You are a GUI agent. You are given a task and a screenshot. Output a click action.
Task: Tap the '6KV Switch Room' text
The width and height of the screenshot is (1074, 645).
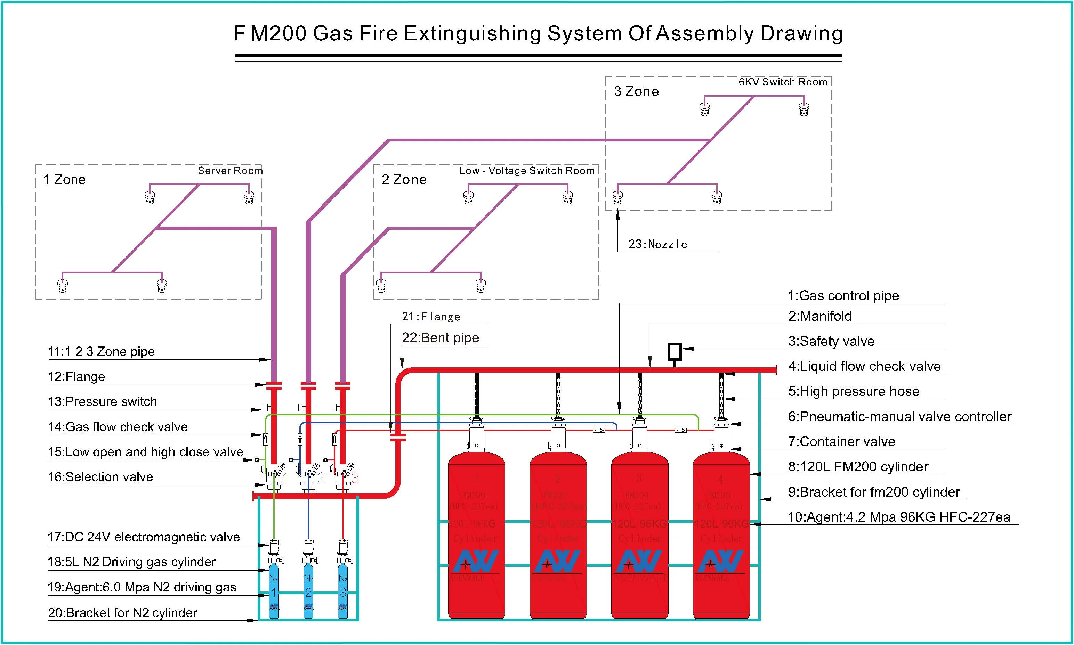[782, 82]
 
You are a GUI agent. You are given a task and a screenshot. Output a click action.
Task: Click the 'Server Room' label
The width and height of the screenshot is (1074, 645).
[230, 170]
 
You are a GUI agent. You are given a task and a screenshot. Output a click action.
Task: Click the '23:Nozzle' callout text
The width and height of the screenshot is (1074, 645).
[657, 244]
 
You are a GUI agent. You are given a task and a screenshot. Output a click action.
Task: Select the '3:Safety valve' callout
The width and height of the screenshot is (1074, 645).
[831, 341]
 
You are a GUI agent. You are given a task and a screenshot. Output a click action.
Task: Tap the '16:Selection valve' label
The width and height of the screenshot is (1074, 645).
[100, 477]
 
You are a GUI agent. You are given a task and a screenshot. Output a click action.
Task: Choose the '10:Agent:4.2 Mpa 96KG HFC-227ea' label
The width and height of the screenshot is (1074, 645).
[899, 517]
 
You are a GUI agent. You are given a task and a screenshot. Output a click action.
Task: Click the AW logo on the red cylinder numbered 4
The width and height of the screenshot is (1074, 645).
[720, 561]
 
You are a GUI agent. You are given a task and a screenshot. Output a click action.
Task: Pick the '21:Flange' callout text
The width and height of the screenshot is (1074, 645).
[430, 316]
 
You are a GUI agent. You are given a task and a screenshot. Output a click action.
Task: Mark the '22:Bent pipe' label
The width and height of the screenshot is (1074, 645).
[440, 338]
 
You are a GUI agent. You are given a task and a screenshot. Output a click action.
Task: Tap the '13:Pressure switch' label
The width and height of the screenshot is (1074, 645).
[103, 402]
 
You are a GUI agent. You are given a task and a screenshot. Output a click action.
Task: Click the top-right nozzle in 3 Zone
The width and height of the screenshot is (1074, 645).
[804, 109]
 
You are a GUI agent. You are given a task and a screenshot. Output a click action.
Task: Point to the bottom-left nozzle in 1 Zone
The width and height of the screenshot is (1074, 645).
[63, 286]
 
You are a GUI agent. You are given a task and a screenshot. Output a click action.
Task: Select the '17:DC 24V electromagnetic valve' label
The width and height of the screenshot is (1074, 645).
[144, 537]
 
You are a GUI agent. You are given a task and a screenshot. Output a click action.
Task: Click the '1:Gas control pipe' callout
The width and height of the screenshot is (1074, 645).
[843, 296]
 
